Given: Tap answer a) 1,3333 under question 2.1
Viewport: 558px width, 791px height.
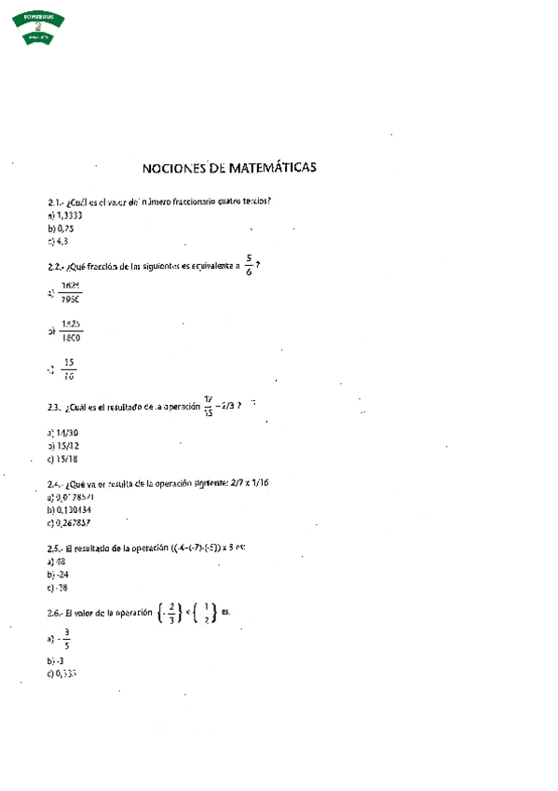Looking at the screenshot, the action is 64,215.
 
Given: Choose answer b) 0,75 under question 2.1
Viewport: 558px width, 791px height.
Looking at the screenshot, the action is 61,228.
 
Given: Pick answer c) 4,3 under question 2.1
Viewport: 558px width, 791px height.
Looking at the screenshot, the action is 58,241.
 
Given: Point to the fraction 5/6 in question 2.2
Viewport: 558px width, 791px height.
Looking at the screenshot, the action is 249,266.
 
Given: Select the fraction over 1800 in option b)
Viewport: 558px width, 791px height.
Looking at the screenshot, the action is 71,331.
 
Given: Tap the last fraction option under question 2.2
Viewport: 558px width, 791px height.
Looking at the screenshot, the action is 69,369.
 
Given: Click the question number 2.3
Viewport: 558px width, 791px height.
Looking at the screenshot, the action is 54,407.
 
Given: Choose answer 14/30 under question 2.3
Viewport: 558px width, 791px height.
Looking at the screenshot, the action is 63,433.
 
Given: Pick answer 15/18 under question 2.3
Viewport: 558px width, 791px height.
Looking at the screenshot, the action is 63,459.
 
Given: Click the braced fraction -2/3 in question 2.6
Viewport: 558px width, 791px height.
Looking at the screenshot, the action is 169,612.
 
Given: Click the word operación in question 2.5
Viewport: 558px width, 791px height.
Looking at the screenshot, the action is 147,548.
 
